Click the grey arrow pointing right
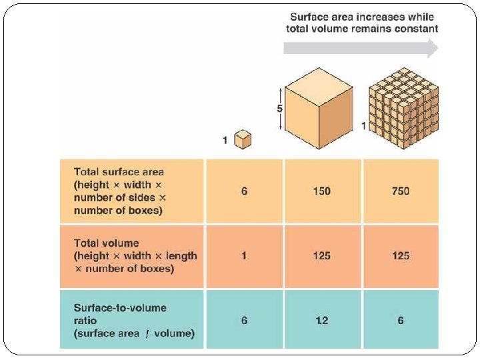[361, 48]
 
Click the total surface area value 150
[322, 191]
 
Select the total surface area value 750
[401, 191]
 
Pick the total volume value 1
[244, 256]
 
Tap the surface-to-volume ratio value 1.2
[322, 321]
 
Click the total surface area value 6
[244, 191]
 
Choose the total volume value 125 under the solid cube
[322, 256]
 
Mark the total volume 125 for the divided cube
[401, 256]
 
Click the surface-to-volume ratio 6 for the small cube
[244, 321]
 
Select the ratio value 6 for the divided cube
[401, 321]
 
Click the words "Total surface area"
[119, 172]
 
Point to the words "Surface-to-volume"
[120, 308]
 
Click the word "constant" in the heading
[417, 29]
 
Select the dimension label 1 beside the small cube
[226, 141]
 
